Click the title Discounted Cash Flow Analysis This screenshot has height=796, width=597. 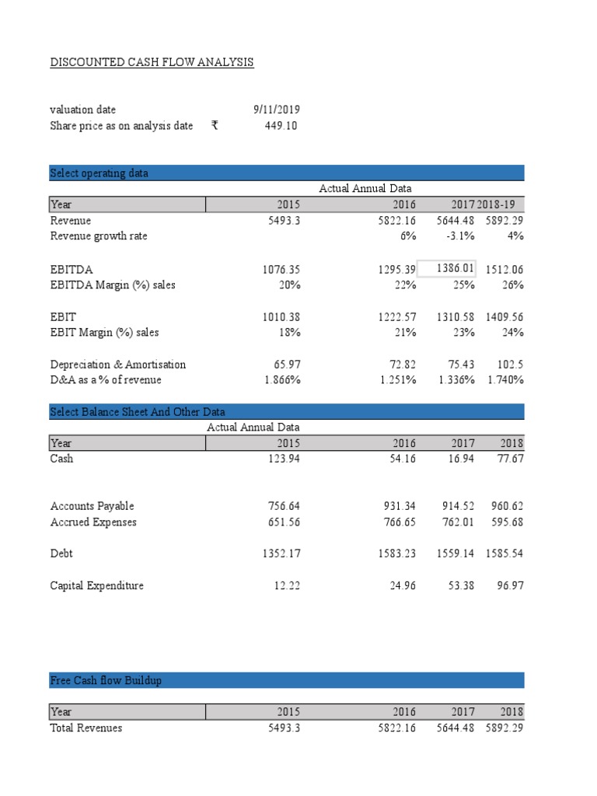152,62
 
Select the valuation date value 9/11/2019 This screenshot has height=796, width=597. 276,110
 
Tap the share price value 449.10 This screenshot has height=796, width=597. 281,126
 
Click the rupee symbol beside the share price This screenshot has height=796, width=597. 215,126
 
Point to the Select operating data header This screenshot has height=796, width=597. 99,173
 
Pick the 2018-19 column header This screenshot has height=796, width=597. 501,204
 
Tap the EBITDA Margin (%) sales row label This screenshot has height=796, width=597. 113,285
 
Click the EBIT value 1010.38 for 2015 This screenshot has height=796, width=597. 281,316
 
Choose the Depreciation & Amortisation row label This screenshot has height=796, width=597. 118,364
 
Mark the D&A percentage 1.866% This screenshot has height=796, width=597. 280,380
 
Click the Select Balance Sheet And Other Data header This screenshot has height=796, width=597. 138,411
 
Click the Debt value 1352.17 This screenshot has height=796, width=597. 281,553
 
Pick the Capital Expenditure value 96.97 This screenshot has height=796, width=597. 509,585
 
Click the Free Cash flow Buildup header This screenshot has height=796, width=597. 106,681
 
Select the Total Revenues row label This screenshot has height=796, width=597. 86,728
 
